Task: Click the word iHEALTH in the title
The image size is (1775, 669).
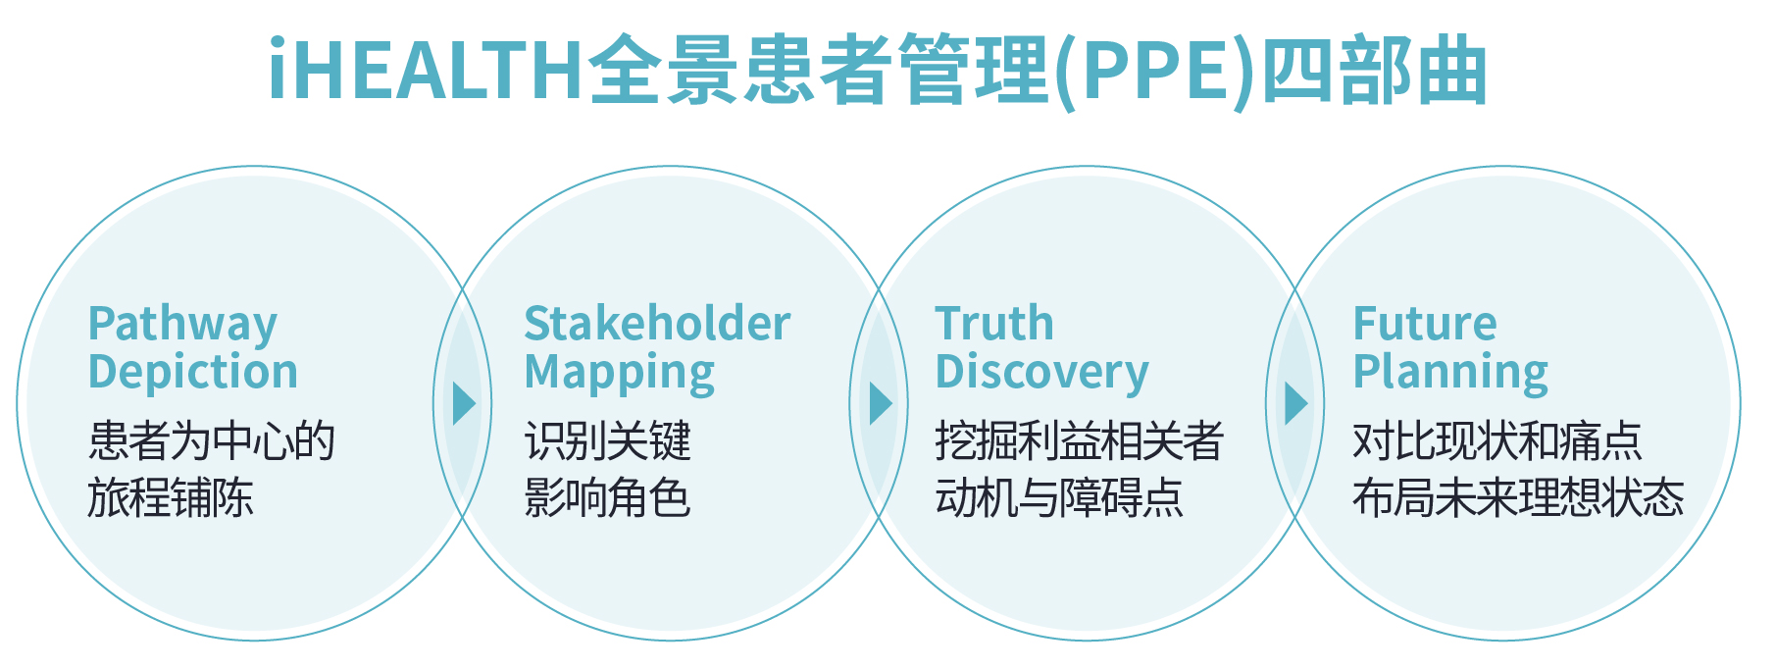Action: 427,71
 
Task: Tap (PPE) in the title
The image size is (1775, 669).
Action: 1155,71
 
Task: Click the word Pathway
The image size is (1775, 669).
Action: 182,324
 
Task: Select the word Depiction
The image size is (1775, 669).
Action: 193,372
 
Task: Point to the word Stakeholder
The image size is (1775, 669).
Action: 657,324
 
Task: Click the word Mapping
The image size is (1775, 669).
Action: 620,373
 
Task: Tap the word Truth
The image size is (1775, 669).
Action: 994,324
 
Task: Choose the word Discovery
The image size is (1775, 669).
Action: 1041,373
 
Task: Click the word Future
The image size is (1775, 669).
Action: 1425,324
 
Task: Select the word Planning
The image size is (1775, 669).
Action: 1450,373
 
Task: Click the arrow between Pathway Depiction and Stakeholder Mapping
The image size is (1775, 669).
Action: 464,403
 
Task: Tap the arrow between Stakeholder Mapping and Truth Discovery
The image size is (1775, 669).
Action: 881,403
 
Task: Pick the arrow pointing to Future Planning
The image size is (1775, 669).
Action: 1296,403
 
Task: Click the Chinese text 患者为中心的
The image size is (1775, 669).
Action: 212,440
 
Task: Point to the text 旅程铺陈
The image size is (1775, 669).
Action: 171,497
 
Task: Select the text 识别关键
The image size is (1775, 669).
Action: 608,440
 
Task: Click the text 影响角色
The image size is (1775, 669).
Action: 608,497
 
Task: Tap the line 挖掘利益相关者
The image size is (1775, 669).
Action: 1079,440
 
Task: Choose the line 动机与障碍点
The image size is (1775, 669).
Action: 1059,497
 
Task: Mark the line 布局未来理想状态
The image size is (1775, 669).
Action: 1518,497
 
